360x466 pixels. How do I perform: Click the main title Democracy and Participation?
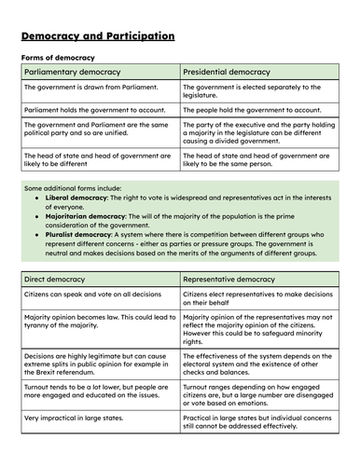(97, 36)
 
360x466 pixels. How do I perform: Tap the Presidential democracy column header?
(227, 72)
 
